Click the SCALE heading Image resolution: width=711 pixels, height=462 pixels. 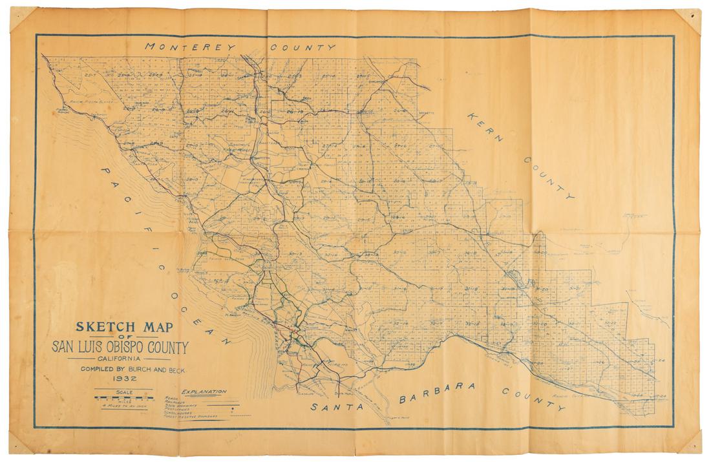(123, 391)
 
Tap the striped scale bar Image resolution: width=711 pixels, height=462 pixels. (123, 398)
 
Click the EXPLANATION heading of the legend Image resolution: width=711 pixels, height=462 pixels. (204, 392)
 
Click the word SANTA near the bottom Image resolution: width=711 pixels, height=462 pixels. (337, 407)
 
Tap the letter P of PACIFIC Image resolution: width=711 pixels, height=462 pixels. (106, 171)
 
